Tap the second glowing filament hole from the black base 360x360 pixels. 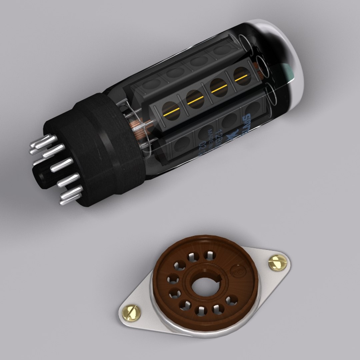[x=195, y=100]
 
